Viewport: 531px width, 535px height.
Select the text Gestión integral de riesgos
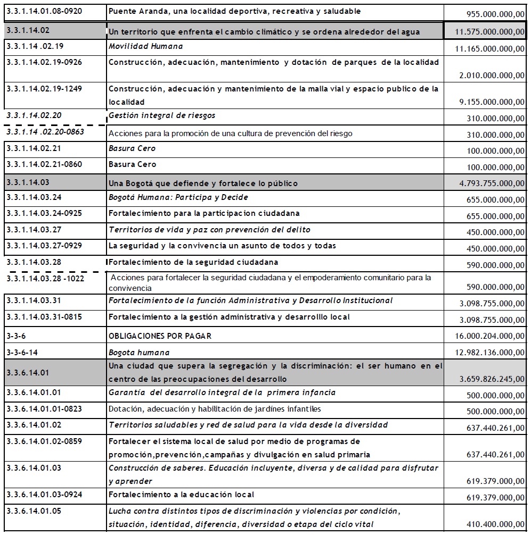pyautogui.click(x=162, y=115)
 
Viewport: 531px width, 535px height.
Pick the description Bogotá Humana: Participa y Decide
pyautogui.click(x=178, y=197)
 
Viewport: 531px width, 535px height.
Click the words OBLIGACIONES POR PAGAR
pyautogui.click(x=160, y=336)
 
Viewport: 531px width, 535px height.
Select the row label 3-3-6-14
pyautogui.click(x=22, y=352)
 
